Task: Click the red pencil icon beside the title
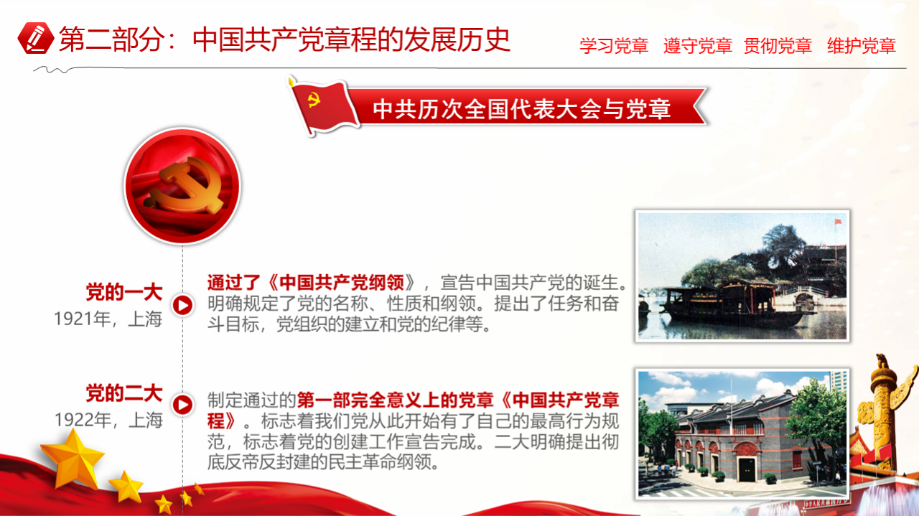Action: [x=36, y=38]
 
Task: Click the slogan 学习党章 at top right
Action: [x=614, y=45]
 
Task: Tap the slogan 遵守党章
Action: [x=698, y=45]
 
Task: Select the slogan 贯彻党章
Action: [x=778, y=45]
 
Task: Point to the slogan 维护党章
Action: [x=862, y=45]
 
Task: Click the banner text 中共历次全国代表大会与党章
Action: [x=522, y=109]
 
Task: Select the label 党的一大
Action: [x=124, y=293]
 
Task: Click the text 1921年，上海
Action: [x=108, y=319]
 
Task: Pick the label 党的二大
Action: [x=124, y=393]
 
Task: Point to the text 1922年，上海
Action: [x=108, y=420]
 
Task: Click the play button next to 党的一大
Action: [x=182, y=305]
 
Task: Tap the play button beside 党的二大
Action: [x=182, y=405]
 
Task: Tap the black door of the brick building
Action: [x=747, y=469]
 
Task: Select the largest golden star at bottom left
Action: [x=73, y=459]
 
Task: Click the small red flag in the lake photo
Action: [x=838, y=222]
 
